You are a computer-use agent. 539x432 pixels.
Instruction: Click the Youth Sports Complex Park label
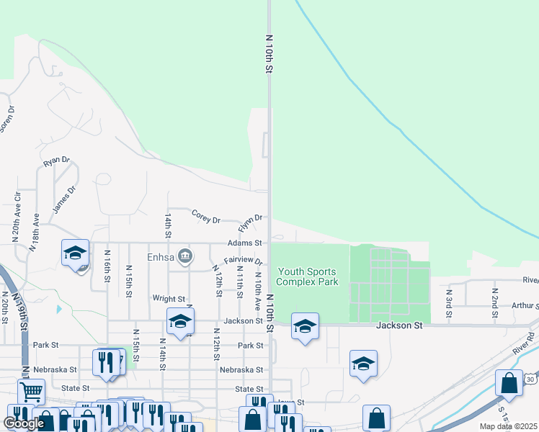coord(307,276)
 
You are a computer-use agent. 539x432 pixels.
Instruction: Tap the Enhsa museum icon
coord(185,256)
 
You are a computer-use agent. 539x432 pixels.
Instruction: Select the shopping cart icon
coord(31,392)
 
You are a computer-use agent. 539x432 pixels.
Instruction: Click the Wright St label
coord(169,298)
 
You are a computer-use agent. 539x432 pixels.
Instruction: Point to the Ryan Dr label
coord(56,162)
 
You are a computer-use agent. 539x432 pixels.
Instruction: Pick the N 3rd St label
coord(448,302)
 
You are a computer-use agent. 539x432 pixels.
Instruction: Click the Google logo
coord(24,423)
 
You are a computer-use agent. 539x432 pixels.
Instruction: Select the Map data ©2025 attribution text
coord(508,426)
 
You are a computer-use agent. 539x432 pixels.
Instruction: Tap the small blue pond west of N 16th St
coord(59,310)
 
